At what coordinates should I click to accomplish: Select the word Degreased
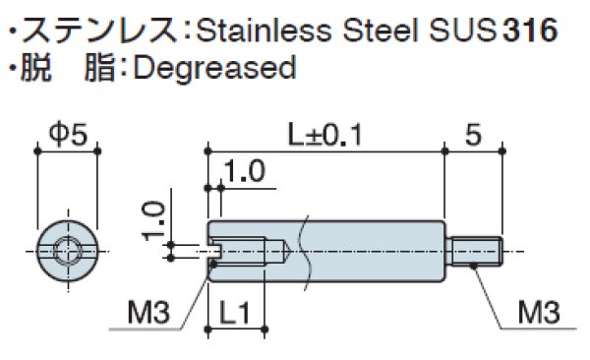coord(214,68)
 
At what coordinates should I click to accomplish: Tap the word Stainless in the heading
coord(264,30)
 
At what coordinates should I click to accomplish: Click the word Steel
coord(380,30)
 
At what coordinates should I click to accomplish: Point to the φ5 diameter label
coord(68,135)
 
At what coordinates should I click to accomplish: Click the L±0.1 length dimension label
coord(325,135)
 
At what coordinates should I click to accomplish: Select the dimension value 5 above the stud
coord(473,135)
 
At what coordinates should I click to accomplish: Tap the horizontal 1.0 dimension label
coord(245,171)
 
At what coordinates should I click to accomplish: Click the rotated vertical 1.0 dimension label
coord(154,220)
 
